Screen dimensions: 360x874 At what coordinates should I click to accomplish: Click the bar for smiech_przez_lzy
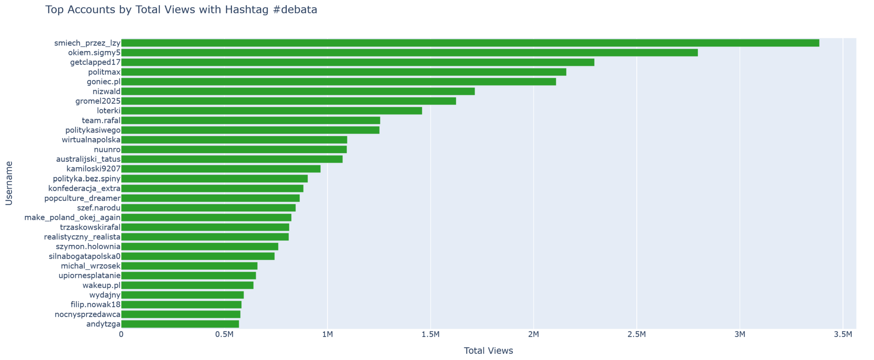click(x=469, y=43)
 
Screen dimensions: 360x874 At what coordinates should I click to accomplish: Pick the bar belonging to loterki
click(x=271, y=111)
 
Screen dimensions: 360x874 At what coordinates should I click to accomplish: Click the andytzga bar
click(x=180, y=324)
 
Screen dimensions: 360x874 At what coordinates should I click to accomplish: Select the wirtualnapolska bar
click(x=234, y=140)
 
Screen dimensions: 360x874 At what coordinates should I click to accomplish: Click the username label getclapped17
click(x=95, y=62)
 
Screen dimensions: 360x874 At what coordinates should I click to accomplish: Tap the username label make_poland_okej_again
click(x=73, y=218)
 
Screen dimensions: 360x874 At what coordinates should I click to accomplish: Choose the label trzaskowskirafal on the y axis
click(x=90, y=227)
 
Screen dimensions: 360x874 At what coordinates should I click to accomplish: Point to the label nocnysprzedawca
click(x=87, y=315)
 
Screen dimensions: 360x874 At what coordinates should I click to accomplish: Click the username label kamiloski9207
click(x=93, y=169)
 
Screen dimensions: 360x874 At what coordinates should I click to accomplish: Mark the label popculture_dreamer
click(x=82, y=198)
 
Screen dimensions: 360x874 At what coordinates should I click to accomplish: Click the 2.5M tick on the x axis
click(x=636, y=335)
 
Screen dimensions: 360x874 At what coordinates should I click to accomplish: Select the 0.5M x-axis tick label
click(x=224, y=335)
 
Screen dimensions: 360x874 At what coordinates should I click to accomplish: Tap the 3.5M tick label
click(x=842, y=335)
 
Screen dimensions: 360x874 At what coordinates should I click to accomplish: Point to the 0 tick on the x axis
click(x=122, y=335)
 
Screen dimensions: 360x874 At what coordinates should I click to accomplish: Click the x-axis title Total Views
click(x=488, y=351)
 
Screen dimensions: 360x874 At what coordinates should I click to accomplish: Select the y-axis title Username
click(x=9, y=183)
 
